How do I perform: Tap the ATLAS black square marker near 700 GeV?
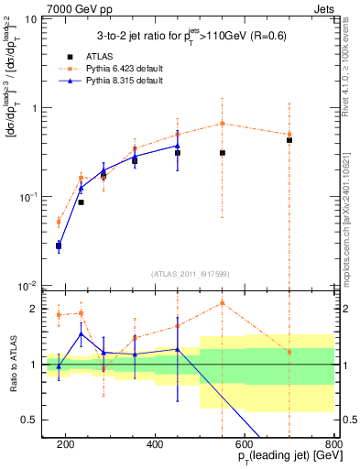[289, 140]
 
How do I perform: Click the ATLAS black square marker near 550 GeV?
[223, 153]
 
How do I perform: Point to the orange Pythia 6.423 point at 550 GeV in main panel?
[223, 124]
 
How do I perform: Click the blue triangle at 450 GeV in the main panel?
[178, 146]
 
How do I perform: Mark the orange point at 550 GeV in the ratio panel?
[223, 303]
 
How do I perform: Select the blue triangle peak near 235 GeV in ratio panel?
[81, 334]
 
